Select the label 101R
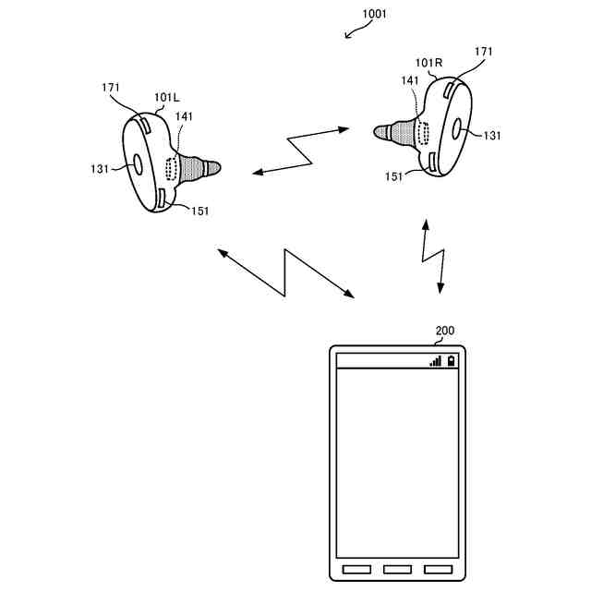pyautogui.click(x=429, y=64)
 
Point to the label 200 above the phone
pyautogui.click(x=444, y=331)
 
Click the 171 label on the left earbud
pyautogui.click(x=110, y=88)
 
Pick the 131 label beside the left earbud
pyautogui.click(x=100, y=168)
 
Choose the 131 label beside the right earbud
pyautogui.click(x=491, y=135)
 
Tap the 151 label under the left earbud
pyautogui.click(x=199, y=211)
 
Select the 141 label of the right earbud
pyautogui.click(x=409, y=81)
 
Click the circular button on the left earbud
pyautogui.click(x=138, y=163)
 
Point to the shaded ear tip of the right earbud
pyautogui.click(x=395, y=131)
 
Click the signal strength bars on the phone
pyautogui.click(x=435, y=361)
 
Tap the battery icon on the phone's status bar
pyautogui.click(x=451, y=361)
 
